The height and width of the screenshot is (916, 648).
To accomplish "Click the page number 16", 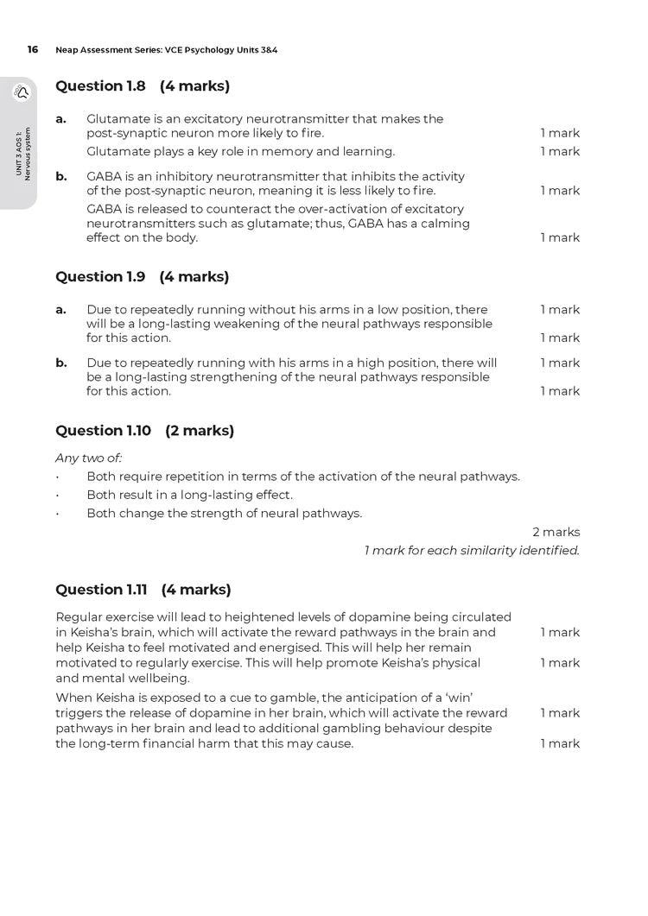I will [33, 49].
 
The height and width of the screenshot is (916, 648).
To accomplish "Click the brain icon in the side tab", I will [21, 93].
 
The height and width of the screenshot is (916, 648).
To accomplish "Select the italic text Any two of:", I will [88, 458].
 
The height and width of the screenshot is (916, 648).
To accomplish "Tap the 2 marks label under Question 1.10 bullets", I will [556, 532].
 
